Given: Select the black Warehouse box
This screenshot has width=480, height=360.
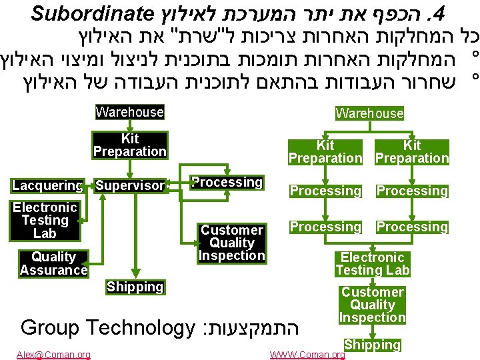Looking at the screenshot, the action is (x=129, y=112).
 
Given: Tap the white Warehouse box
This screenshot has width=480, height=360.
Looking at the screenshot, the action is (x=369, y=113).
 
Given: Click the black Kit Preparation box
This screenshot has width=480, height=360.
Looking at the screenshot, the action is (x=129, y=145).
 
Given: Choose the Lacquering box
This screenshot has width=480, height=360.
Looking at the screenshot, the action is (x=47, y=185).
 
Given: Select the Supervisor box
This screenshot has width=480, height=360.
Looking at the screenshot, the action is (x=129, y=185).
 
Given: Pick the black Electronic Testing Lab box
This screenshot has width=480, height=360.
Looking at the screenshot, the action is (x=45, y=220).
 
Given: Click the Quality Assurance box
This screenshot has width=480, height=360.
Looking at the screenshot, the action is (x=53, y=263).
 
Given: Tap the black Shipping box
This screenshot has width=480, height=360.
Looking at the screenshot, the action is (x=135, y=287).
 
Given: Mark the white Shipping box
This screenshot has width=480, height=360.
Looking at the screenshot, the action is (x=372, y=345).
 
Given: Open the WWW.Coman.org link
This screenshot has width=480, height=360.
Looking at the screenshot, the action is (x=307, y=355).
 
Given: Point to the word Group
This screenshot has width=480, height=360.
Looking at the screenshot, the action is (x=49, y=327).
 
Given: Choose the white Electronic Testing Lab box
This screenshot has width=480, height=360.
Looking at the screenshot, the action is (x=372, y=264).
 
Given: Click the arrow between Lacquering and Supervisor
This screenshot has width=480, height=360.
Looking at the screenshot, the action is (x=89, y=185).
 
